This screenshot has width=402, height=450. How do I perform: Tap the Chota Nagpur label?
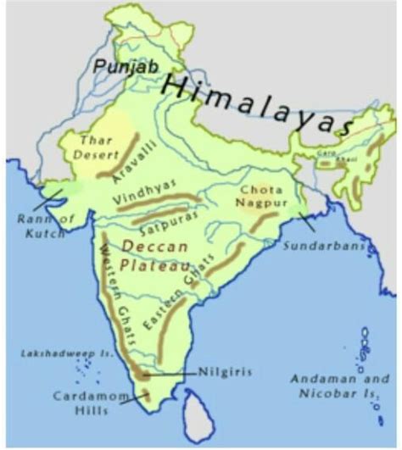pyautogui.click(x=261, y=197)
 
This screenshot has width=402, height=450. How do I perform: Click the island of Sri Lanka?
pyautogui.click(x=200, y=420)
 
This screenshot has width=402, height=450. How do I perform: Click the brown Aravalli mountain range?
pyautogui.click(x=119, y=163)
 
